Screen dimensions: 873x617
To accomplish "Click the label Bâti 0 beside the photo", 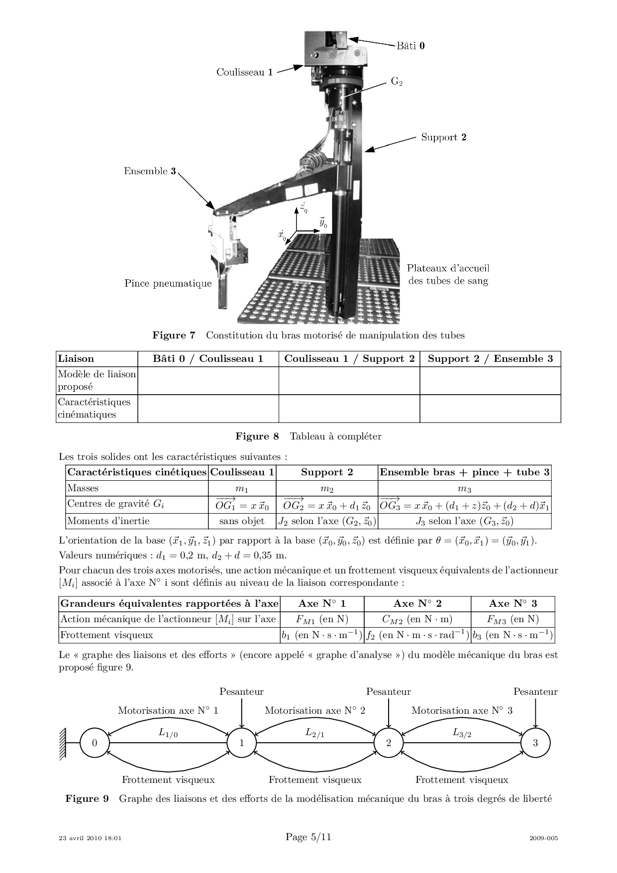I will click(411, 46).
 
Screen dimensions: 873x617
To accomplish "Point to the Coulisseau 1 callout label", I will click(244, 72).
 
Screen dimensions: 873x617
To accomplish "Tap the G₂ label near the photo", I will click(397, 81).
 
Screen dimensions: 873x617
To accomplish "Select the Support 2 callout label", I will click(444, 137).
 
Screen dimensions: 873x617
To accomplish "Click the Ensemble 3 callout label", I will click(150, 171).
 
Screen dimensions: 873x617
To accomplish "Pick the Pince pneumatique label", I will click(168, 284).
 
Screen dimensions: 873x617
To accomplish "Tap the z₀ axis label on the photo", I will click(304, 207).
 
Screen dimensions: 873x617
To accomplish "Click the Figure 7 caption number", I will click(174, 335).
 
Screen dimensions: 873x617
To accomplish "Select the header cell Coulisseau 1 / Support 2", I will click(349, 359).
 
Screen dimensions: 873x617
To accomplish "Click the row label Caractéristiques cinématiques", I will click(94, 408).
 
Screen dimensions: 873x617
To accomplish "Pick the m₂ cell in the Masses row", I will click(327, 488).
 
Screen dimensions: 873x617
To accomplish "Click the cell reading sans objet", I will click(242, 521).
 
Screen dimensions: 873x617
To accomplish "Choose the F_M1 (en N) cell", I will click(322, 619).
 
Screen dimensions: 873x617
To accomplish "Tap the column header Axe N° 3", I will click(513, 604).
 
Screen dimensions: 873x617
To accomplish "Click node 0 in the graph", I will click(95, 743).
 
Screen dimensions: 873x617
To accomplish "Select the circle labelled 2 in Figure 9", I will click(389, 743).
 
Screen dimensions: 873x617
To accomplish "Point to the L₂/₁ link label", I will click(315, 733).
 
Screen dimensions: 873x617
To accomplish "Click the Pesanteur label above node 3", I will click(535, 692).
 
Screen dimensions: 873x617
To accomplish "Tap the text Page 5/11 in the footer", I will click(308, 837).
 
